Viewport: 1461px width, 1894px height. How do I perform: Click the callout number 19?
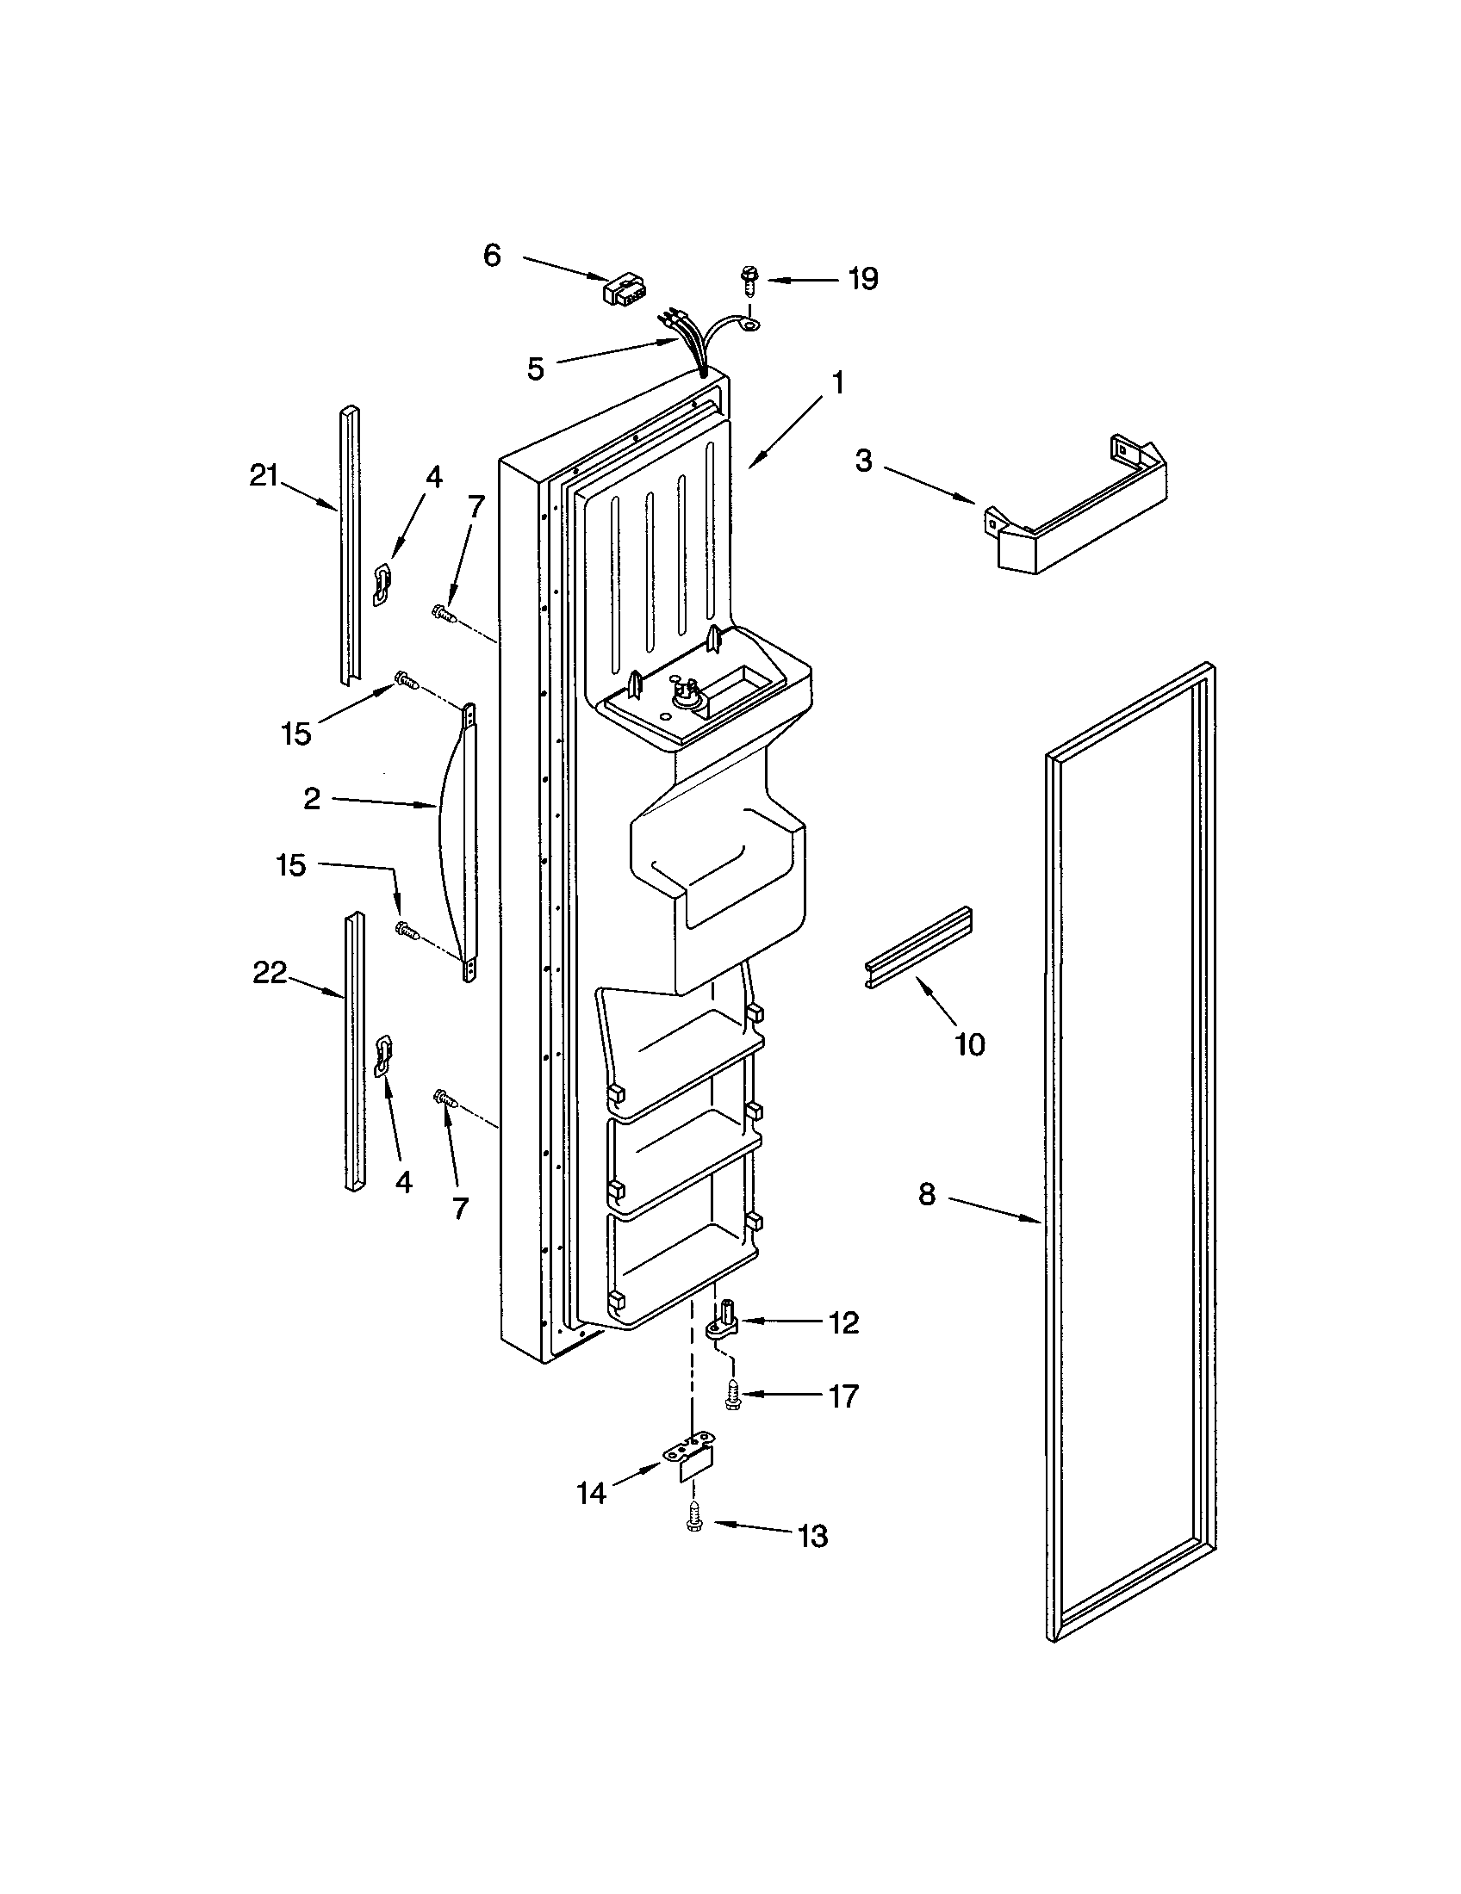pos(862,279)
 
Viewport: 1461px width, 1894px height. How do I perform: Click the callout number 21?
pos(264,476)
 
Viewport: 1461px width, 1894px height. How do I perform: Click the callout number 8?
pos(927,1195)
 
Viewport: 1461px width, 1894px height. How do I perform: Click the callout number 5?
pos(535,368)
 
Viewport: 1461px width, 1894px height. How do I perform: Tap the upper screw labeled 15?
pos(406,681)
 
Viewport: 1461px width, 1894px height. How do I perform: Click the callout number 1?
pos(837,382)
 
